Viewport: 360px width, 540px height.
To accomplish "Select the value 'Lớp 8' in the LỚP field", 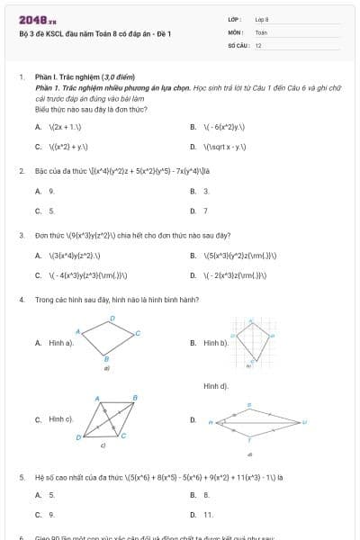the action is tap(262, 19).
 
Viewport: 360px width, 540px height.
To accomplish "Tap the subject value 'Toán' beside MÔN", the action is tap(260, 31).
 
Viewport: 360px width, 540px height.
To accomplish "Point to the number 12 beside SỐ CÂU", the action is tap(258, 44).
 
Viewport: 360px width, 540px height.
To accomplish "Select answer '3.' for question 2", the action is tap(206, 191).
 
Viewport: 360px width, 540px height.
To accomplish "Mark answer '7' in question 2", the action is tap(205, 211).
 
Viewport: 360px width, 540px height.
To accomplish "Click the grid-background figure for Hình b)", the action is tap(256, 343).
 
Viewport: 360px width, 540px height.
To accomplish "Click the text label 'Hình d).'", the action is tap(216, 385).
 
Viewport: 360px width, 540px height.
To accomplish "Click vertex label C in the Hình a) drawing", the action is tap(138, 333).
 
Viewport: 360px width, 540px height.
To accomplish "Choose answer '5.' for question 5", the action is tap(51, 495).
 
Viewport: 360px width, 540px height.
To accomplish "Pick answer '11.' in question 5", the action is tap(208, 515).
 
